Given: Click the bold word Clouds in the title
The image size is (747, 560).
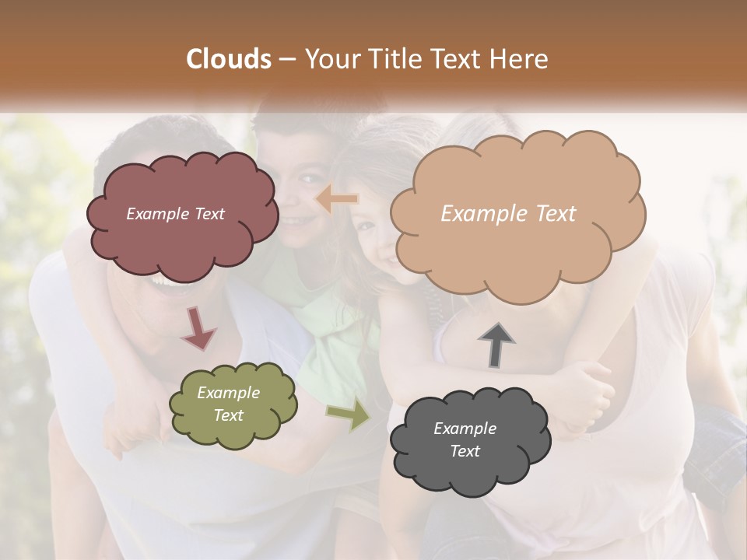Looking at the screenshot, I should pyautogui.click(x=228, y=59).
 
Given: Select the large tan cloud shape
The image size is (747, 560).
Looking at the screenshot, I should pyautogui.click(x=517, y=241).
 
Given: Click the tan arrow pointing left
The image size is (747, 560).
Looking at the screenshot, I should pyautogui.click(x=337, y=200).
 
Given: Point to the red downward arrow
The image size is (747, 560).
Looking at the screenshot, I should pyautogui.click(x=198, y=327).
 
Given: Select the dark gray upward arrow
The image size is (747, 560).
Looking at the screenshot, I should pyautogui.click(x=496, y=345).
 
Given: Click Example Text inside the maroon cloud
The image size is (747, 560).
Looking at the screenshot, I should pyautogui.click(x=175, y=214).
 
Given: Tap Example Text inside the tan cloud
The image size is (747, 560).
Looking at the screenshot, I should pyautogui.click(x=508, y=214).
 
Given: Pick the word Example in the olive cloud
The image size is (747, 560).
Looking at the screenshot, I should pyautogui.click(x=228, y=393).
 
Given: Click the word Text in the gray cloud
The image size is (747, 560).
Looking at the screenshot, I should pyautogui.click(x=465, y=451).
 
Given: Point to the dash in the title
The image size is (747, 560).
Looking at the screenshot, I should pyautogui.click(x=286, y=59).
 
